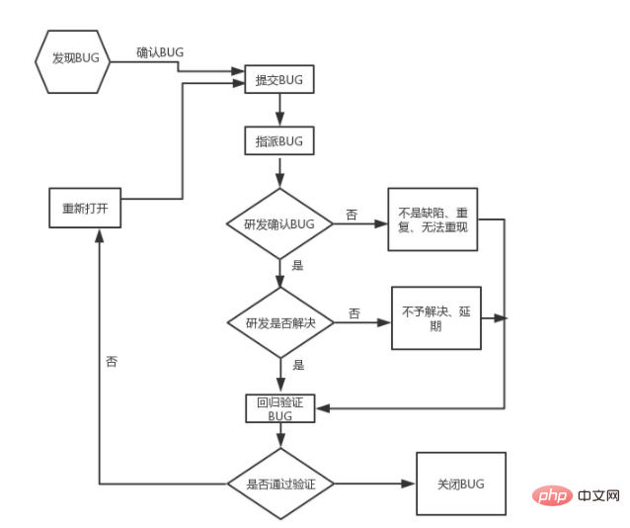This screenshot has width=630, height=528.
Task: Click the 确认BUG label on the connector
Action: [x=160, y=52]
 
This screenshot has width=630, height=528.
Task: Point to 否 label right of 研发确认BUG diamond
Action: [x=352, y=215]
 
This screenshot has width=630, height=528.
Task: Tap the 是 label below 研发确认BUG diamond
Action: [x=297, y=265]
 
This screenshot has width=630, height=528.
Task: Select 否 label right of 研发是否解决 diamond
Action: [x=354, y=313]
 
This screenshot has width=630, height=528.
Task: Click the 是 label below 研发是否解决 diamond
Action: [x=298, y=365]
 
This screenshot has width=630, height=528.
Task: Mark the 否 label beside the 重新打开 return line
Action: [x=112, y=361]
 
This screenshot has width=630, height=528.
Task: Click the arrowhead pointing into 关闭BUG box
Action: [x=408, y=484]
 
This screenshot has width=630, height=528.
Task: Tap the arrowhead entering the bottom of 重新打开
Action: [x=99, y=236]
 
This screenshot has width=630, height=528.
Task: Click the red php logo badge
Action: [x=552, y=495]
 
